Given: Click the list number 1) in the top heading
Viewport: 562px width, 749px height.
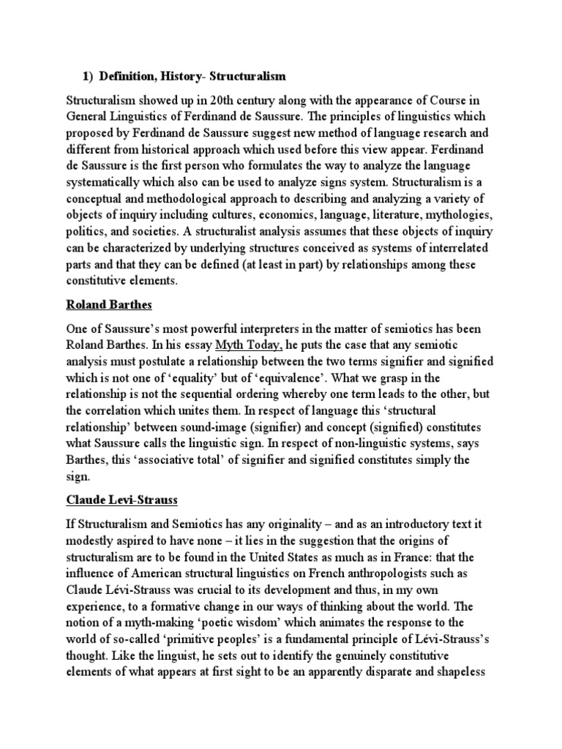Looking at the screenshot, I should pos(87,76).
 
